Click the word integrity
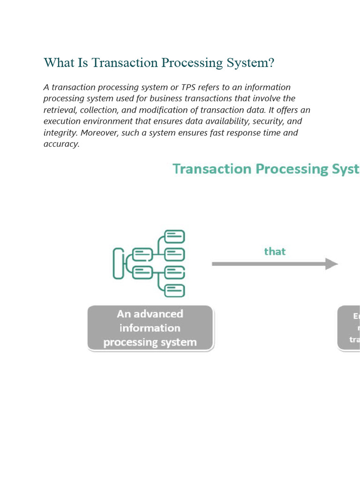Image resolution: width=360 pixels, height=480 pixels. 60,133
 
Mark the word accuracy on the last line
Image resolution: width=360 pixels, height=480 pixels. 61,144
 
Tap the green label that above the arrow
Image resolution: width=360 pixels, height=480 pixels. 275,252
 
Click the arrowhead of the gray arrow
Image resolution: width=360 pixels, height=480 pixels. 332,264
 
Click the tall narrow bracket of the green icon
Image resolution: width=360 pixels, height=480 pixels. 118,263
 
